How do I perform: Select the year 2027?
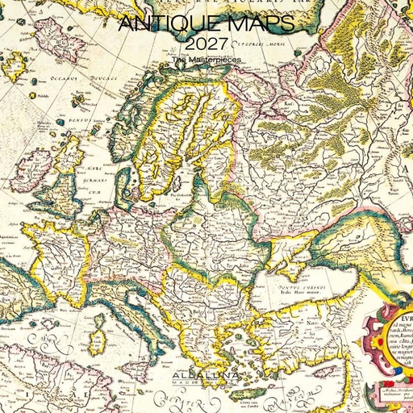(x=206, y=44)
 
